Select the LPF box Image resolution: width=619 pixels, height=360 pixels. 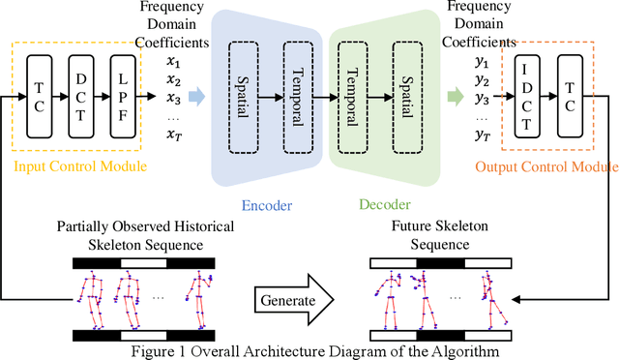123,97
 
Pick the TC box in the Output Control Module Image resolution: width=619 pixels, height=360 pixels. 571,97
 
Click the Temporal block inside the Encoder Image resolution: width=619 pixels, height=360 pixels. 299,95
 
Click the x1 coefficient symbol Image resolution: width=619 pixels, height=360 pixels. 173,60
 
